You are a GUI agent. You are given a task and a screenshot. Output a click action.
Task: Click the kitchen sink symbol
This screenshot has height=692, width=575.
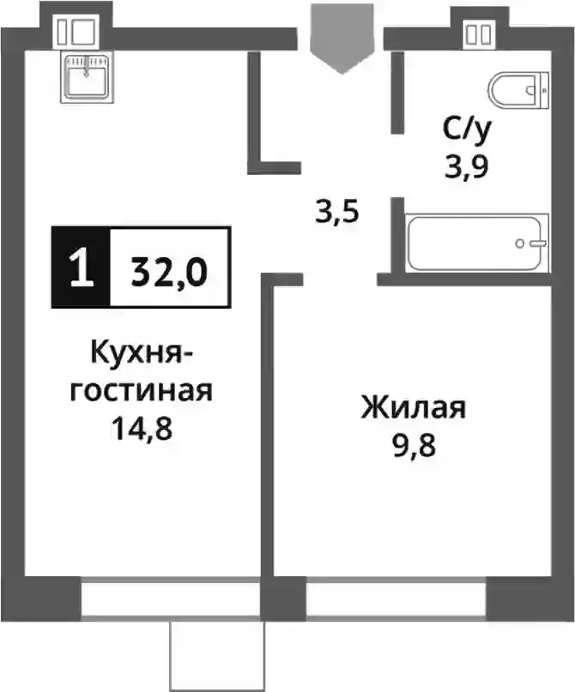click(87, 77)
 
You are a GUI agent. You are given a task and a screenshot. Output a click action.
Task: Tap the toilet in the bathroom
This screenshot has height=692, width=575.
click(519, 91)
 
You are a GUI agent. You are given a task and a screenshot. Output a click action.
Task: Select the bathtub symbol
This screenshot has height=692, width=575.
click(477, 243)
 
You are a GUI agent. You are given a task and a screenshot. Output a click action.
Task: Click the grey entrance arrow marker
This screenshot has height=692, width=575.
click(342, 39)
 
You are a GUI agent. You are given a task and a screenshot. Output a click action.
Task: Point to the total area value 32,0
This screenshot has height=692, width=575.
click(169, 272)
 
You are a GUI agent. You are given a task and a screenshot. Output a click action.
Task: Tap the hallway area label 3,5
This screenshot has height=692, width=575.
click(337, 212)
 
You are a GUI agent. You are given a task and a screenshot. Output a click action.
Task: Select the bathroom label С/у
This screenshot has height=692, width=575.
click(467, 130)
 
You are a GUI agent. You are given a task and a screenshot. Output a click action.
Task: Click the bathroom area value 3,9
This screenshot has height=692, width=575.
click(467, 167)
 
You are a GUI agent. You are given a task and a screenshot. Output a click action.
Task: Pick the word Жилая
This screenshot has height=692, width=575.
click(414, 407)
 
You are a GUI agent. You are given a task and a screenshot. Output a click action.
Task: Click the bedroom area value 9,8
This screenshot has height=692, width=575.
click(414, 445)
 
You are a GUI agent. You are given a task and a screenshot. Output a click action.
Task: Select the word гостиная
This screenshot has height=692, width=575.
click(142, 390)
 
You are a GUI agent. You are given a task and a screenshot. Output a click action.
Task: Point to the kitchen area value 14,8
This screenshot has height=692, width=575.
click(142, 429)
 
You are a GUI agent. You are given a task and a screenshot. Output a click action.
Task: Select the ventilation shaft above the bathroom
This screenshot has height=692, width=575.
click(479, 35)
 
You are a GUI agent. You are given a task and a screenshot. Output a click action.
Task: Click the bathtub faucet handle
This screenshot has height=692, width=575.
click(539, 244)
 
